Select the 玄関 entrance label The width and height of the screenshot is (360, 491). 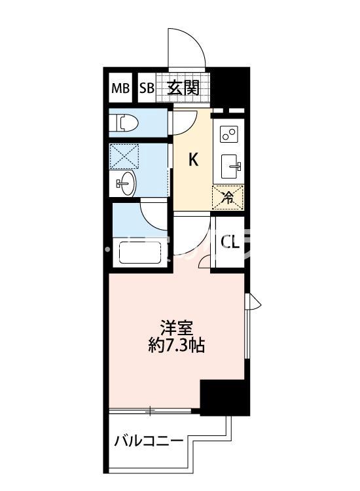coord(183,88)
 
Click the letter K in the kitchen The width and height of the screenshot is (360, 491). coord(194,159)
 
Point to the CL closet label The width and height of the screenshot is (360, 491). coord(229,243)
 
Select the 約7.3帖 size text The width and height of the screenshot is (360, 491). coord(175,345)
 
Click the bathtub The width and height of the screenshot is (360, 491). coord(139,253)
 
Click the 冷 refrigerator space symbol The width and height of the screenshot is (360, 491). coord(228,196)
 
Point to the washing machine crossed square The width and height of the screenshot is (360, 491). coord(125,156)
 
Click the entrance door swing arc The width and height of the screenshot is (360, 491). coord(185,49)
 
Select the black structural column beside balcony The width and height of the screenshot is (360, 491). coord(225,397)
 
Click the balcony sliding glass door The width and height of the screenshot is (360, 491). coord(152,411)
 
